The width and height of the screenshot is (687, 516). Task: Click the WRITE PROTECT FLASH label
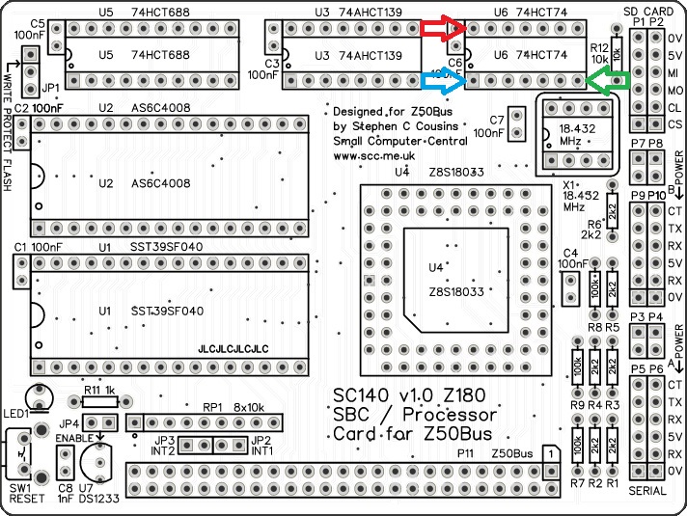click(9, 125)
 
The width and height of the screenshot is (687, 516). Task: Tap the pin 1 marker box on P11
click(549, 451)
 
